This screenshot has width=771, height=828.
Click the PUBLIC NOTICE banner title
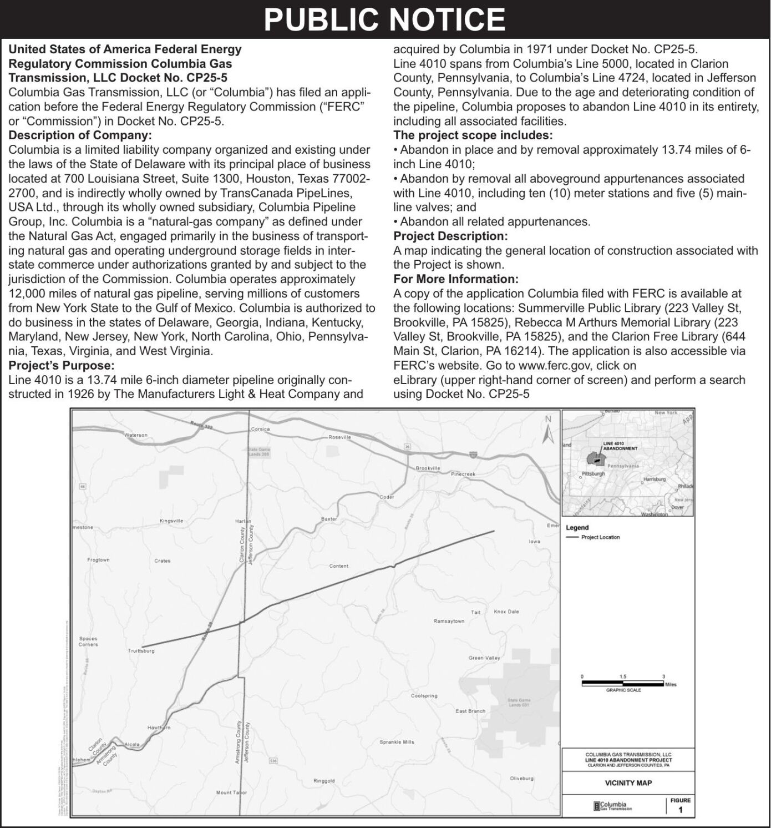click(385, 19)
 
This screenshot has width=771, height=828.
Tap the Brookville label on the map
click(428, 468)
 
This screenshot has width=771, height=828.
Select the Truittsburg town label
click(141, 650)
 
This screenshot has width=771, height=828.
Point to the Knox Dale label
click(506, 612)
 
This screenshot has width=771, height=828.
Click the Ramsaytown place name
click(449, 621)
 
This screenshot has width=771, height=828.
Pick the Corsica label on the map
click(260, 429)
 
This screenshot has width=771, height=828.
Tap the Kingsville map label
click(171, 521)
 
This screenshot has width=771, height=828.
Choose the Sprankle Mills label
click(397, 742)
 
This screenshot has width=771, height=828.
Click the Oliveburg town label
click(521, 778)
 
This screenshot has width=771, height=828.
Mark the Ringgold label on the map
click(324, 781)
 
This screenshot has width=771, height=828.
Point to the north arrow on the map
click(548, 431)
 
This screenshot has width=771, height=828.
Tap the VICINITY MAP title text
click(628, 783)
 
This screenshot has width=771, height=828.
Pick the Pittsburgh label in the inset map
click(593, 474)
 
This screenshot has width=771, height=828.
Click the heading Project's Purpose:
click(61, 365)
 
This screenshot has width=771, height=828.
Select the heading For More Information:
click(456, 279)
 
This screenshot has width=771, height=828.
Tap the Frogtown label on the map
click(98, 560)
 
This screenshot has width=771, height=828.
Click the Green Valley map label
click(484, 658)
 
